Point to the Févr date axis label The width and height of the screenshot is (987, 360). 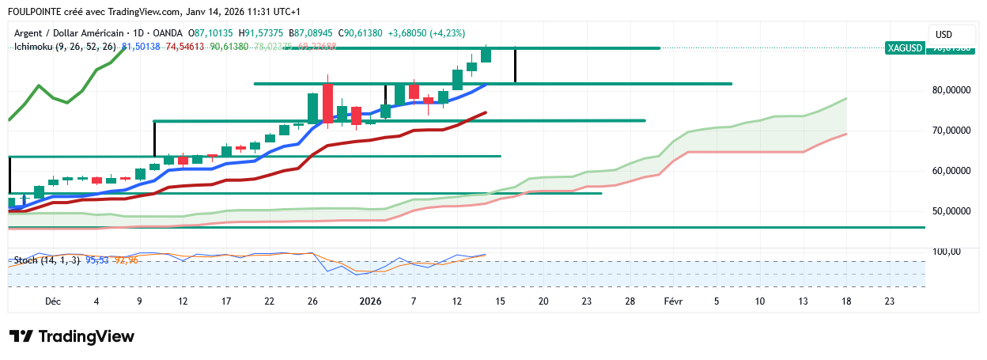pos(673,301)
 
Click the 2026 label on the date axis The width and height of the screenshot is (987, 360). pos(370,301)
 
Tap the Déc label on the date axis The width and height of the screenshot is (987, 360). pos(53,301)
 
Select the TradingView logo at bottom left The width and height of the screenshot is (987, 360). pos(72,336)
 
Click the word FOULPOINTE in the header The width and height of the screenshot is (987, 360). pos(36,12)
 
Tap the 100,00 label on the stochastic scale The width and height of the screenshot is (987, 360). pos(946,252)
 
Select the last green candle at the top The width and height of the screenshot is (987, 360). pos(486,55)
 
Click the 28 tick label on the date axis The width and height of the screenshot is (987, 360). pos(630,301)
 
